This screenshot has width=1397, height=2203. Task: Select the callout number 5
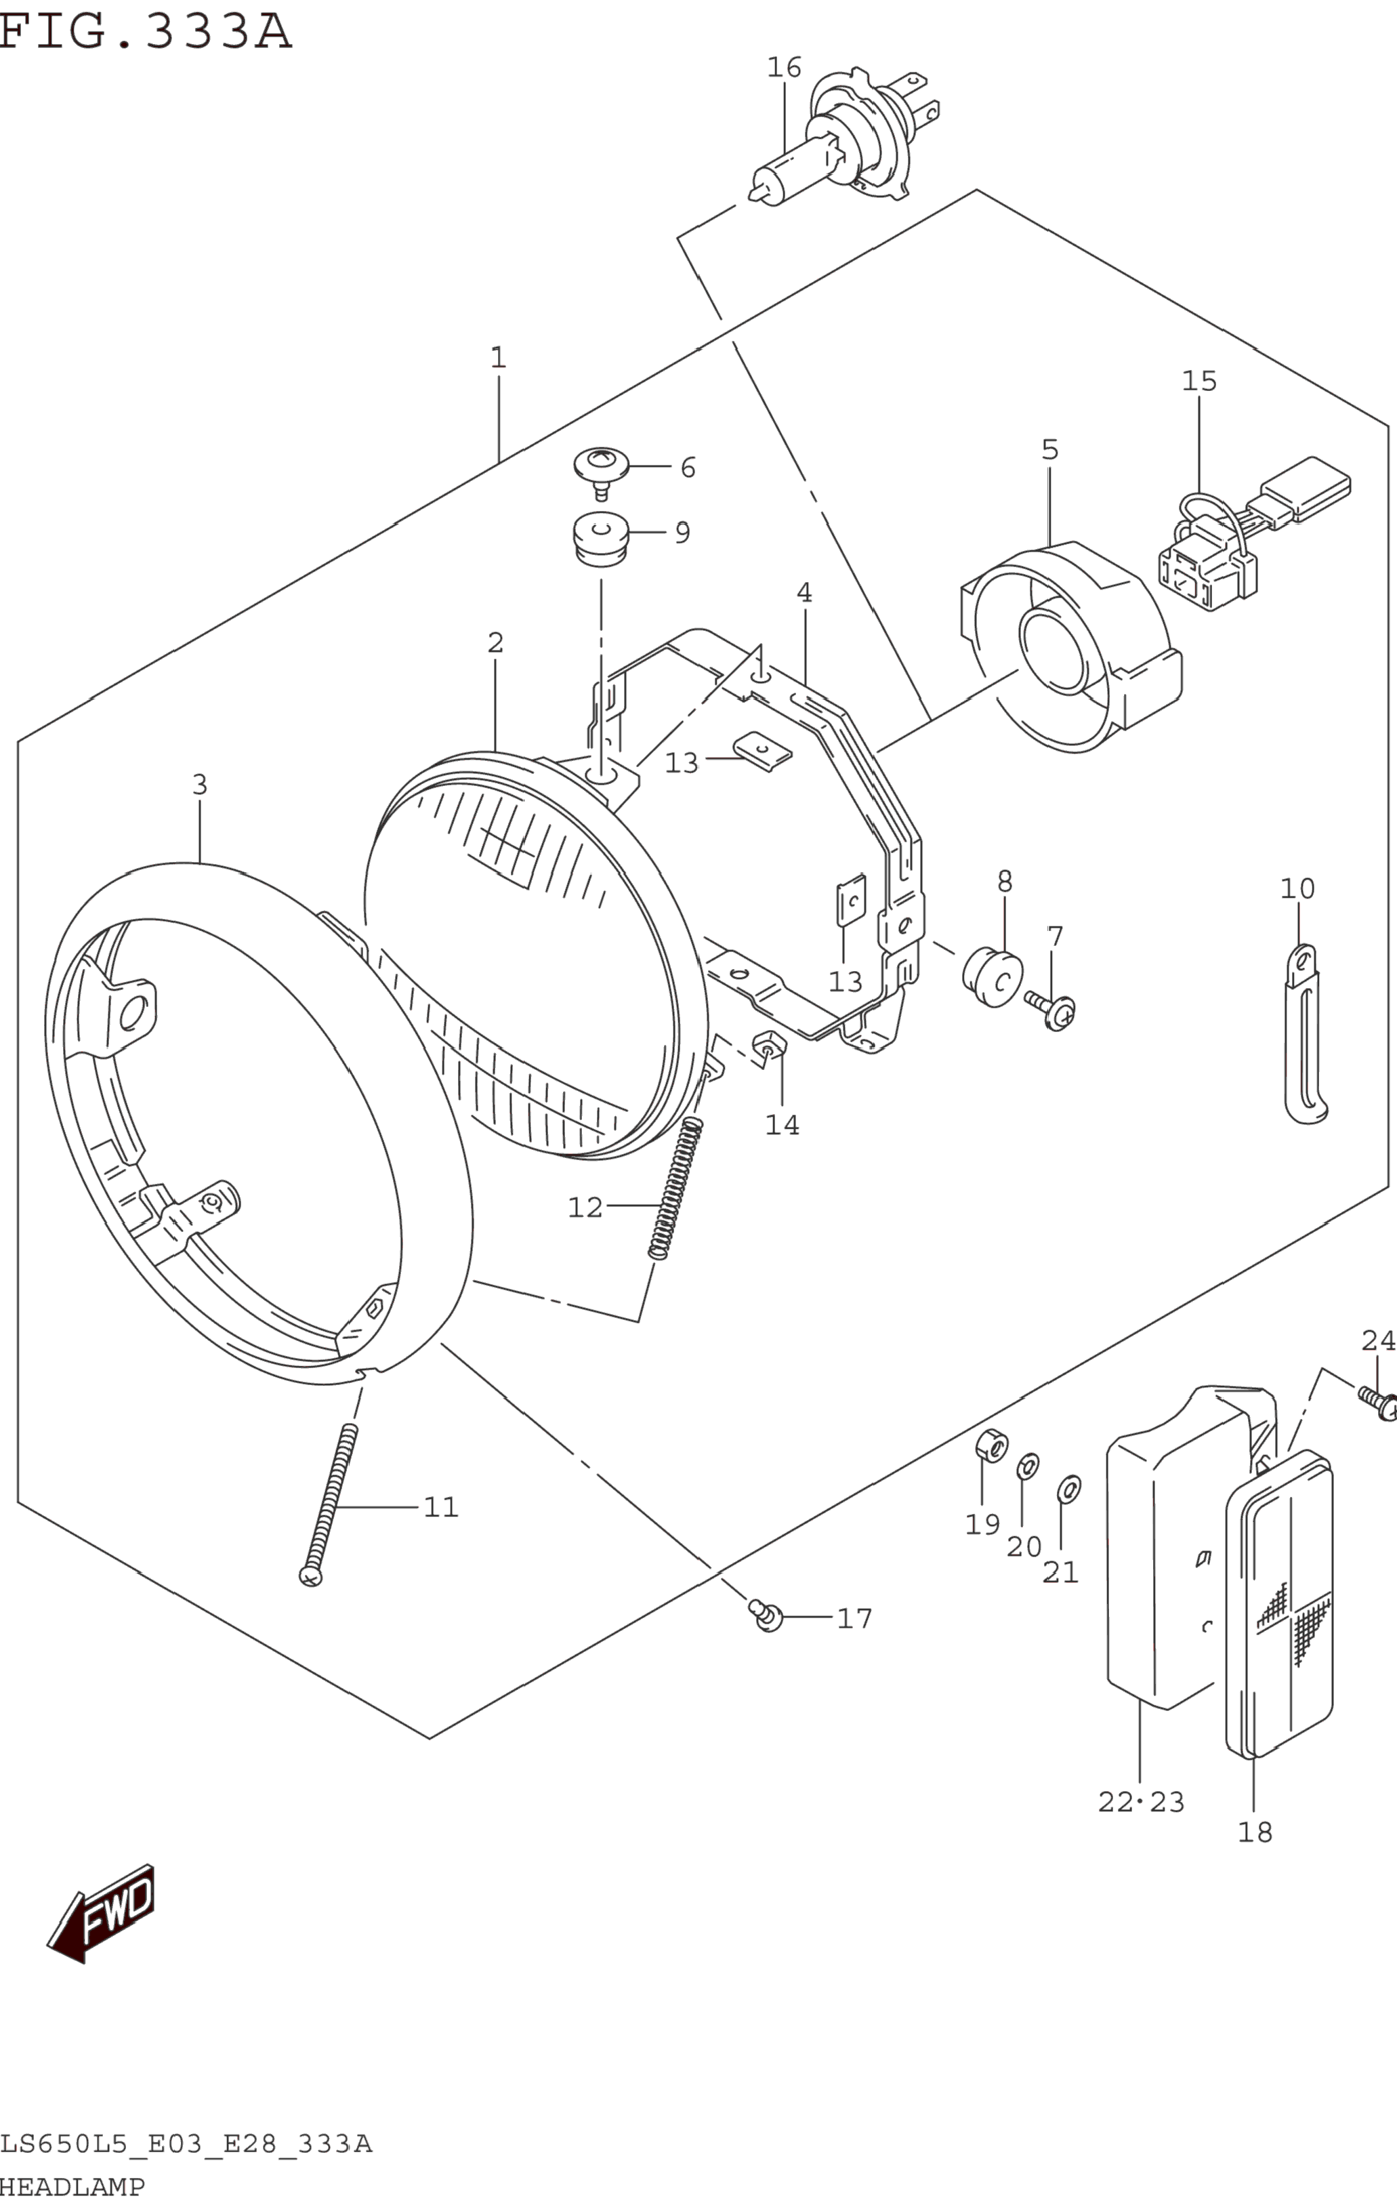click(x=1049, y=450)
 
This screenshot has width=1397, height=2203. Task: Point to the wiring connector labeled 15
click(x=1253, y=533)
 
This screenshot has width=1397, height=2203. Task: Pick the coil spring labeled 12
click(x=676, y=1189)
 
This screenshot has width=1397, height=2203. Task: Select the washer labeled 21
click(x=1068, y=1490)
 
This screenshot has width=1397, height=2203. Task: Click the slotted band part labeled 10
click(x=1305, y=1034)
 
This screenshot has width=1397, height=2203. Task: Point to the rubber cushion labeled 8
click(x=993, y=979)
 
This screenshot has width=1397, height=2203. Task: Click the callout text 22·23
click(x=1141, y=1803)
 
